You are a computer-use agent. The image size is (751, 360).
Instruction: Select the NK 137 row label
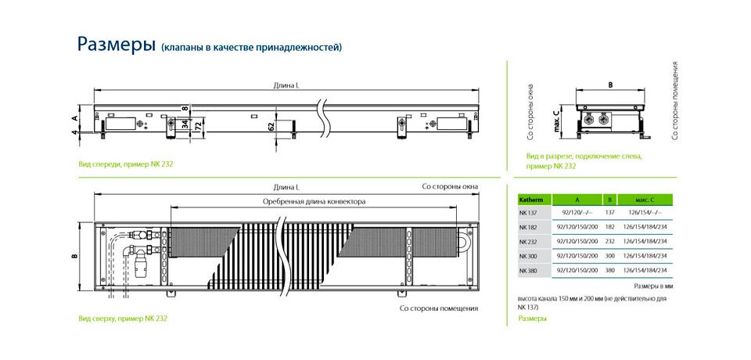coord(528,212)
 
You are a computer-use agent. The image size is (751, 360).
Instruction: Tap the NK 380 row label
coord(528,271)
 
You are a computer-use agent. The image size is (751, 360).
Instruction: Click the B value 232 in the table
coord(609,241)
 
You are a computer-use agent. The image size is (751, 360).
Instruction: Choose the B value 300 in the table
coord(609,256)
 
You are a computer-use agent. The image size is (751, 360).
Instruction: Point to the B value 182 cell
coord(609,227)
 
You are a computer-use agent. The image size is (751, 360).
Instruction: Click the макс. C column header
coord(644,200)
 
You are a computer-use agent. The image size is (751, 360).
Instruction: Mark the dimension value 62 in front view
coord(271,126)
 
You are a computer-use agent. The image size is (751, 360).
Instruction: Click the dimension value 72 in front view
coord(196,125)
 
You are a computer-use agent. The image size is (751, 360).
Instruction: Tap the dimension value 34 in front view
coord(185,124)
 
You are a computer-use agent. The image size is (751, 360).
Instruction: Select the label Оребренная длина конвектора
coord(314,202)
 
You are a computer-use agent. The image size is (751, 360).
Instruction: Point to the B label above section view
coord(610,85)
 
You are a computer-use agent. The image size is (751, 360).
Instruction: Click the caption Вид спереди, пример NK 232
coord(125,164)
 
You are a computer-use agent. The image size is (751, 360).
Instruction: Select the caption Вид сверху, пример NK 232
coord(123,318)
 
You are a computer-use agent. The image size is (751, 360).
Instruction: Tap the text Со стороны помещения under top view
coord(439,308)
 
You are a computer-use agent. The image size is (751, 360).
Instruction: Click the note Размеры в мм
coord(654,286)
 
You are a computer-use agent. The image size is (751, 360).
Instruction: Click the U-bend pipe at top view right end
coord(465,240)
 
